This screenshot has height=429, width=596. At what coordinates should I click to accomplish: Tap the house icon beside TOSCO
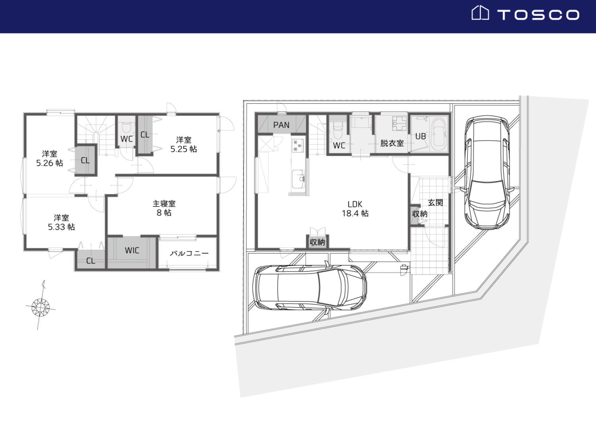click(x=480, y=13)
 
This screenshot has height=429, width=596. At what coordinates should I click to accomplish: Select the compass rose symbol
click(x=41, y=307)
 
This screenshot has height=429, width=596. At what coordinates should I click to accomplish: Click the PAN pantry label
click(x=281, y=125)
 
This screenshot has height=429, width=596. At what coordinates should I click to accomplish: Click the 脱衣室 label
click(x=392, y=143)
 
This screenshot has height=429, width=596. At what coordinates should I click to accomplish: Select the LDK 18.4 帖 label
click(x=355, y=209)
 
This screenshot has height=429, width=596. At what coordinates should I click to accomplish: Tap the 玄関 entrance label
click(x=435, y=203)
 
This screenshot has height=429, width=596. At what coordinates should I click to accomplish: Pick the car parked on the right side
click(x=487, y=172)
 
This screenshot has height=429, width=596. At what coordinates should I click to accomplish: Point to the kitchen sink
click(x=298, y=179)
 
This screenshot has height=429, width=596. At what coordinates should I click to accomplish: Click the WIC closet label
click(x=132, y=250)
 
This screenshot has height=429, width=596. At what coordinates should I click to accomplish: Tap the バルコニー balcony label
click(x=189, y=253)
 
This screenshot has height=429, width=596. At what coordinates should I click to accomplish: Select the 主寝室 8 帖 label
click(x=164, y=208)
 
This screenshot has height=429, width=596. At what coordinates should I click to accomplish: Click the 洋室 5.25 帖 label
click(x=184, y=145)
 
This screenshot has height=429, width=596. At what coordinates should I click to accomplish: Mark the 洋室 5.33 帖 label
click(x=61, y=222)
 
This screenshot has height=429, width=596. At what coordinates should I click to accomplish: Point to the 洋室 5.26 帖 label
click(x=50, y=158)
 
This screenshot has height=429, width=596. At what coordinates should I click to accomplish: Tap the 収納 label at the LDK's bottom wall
click(x=317, y=242)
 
